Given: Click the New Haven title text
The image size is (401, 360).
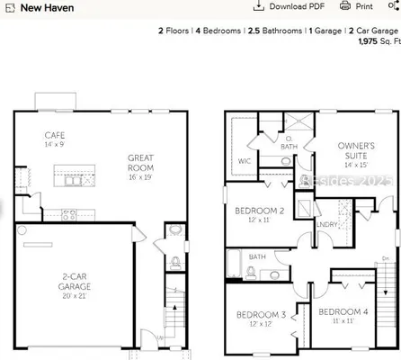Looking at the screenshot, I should pyautogui.click(x=47, y=8).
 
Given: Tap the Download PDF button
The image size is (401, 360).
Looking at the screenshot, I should pyautogui.click(x=290, y=6).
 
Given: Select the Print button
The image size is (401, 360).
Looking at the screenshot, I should pyautogui.click(x=358, y=6).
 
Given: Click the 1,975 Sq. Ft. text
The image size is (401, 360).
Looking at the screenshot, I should pyautogui.click(x=379, y=41).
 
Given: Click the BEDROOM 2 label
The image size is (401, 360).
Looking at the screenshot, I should pyautogui.click(x=259, y=211).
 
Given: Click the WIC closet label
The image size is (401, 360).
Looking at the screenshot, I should pyautogui.click(x=243, y=161).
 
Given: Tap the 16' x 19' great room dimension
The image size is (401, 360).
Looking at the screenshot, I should pyautogui.click(x=140, y=178).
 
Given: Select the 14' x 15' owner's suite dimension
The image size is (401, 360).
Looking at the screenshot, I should pyautogui.click(x=356, y=165).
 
